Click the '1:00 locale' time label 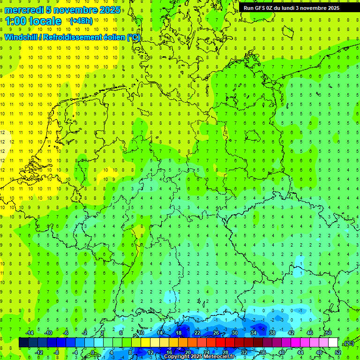[x=33, y=21]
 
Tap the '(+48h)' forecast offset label [x=81, y=21]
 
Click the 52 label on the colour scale [x=338, y=352]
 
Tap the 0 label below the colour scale [x=93, y=352]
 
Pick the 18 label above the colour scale [x=178, y=333]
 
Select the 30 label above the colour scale [x=234, y=333]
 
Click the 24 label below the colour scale [x=206, y=352]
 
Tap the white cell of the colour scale [x=333, y=343]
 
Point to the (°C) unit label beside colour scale [x=348, y=343]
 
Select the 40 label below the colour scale [x=281, y=352]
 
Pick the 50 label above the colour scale [x=328, y=333]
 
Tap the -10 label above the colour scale [x=47, y=333]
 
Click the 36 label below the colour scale [x=262, y=352]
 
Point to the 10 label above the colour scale [x=141, y=333]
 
